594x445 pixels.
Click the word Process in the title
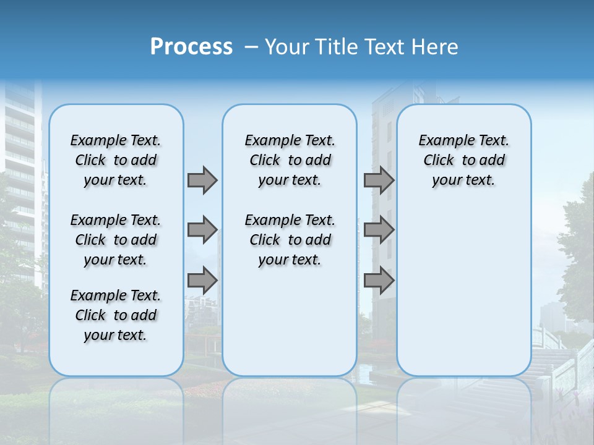(x=191, y=47)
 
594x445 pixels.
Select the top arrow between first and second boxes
(x=202, y=180)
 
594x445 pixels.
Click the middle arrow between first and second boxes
(x=202, y=230)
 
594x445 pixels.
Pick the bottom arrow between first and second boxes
(x=202, y=280)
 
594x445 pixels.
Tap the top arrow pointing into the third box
(x=379, y=180)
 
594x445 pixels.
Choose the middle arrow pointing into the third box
(x=379, y=230)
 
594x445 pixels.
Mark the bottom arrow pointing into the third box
(x=379, y=280)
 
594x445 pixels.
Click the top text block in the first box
(x=116, y=160)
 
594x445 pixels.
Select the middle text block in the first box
(x=116, y=240)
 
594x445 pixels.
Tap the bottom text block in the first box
(x=116, y=315)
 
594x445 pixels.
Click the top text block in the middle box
(x=290, y=160)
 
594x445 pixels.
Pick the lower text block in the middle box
(x=290, y=240)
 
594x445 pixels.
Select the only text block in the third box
(x=463, y=160)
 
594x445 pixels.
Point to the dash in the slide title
(x=251, y=47)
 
